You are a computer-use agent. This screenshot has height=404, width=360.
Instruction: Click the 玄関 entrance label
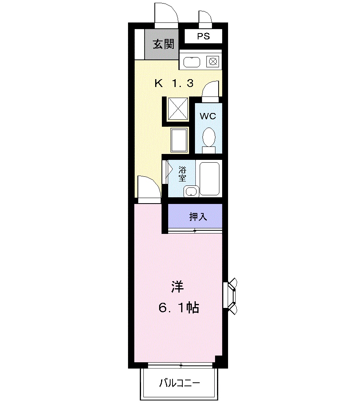(x=163, y=44)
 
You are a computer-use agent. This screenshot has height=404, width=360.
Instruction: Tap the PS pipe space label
(x=204, y=36)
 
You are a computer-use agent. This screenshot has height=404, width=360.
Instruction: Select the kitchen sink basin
(x=192, y=62)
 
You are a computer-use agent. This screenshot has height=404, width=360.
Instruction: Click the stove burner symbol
(x=213, y=62)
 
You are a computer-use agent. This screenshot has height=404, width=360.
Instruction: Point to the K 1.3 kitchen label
(x=174, y=83)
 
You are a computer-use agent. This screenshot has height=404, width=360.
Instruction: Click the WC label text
(x=208, y=116)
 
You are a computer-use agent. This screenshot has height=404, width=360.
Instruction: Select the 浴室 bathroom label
(x=182, y=174)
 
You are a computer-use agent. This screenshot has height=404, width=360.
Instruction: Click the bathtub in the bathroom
(x=210, y=178)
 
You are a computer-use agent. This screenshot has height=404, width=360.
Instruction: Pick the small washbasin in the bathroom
(x=191, y=191)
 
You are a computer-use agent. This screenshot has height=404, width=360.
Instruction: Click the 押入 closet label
(x=198, y=217)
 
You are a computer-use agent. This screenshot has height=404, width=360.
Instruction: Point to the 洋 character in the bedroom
(x=178, y=287)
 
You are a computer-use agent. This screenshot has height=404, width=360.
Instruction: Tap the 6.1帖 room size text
(x=178, y=308)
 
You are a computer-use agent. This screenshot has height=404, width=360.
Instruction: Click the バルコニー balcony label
(x=179, y=384)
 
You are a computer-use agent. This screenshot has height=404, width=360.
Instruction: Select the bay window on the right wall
(x=230, y=296)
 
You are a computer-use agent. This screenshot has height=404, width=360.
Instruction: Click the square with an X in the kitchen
(x=178, y=108)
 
